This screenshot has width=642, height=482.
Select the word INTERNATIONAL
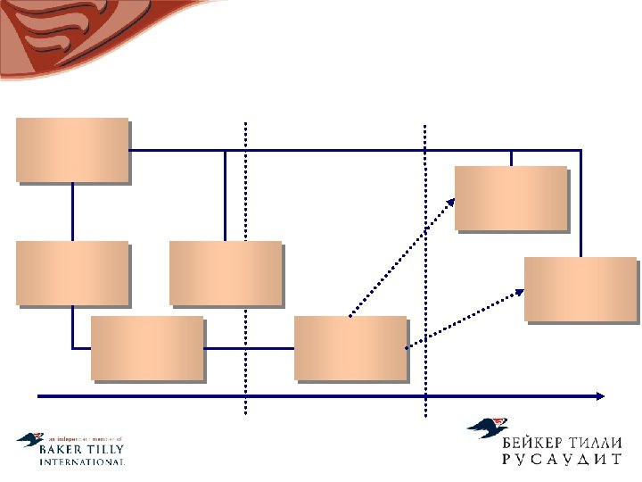coord(82,462)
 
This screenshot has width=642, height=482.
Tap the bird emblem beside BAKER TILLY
coord(29,440)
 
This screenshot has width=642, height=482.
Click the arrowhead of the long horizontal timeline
coord(602,394)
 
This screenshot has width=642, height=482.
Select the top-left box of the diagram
coord(72,150)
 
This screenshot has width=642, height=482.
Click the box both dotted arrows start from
coord(350,348)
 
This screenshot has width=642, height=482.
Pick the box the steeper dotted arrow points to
coord(510,198)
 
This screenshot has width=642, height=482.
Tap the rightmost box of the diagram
coord(580,288)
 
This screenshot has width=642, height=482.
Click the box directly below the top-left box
coord(72,273)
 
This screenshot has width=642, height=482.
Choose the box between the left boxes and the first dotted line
coord(225,273)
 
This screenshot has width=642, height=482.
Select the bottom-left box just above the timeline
coord(147,348)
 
